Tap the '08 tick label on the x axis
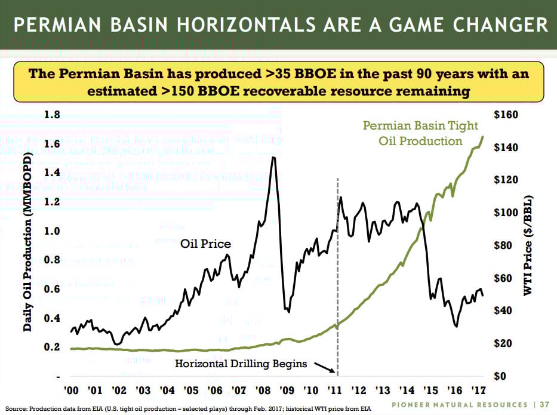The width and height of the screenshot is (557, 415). (x=263, y=391)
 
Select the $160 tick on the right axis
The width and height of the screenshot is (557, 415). (x=506, y=115)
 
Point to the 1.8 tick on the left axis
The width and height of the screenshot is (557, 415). (x=53, y=115)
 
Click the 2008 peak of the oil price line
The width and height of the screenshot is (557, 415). (x=273, y=158)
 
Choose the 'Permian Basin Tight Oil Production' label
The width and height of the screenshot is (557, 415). (x=412, y=133)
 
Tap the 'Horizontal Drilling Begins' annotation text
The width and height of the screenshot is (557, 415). (x=241, y=363)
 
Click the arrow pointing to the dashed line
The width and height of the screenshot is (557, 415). (x=324, y=368)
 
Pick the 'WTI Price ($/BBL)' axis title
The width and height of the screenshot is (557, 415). (x=527, y=245)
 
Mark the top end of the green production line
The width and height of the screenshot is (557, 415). (x=482, y=137)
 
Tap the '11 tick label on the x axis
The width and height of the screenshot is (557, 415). (x=335, y=391)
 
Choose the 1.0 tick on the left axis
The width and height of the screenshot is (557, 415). (x=53, y=231)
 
